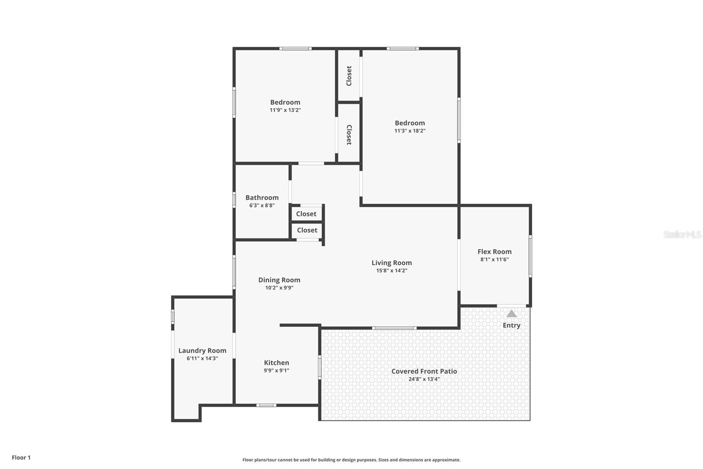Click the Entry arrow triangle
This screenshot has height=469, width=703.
tap(511, 314)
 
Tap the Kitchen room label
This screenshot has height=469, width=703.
tap(276, 363)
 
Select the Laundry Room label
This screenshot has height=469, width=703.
tap(202, 351)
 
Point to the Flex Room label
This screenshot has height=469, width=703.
tap(494, 252)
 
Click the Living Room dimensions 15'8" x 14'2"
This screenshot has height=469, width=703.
tap(391, 271)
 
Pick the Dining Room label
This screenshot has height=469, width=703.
tap(279, 280)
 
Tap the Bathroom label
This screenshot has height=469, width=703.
tap(262, 198)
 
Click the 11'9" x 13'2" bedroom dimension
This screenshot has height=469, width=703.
tap(285, 110)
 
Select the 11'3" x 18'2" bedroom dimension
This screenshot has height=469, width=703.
tap(409, 131)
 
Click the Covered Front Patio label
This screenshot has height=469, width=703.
tap(424, 371)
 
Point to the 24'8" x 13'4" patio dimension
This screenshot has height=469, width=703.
tap(424, 379)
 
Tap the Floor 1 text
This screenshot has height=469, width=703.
tap(21, 458)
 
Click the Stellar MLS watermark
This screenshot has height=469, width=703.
tap(682, 234)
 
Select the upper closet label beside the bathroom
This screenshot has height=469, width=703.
tap(306, 214)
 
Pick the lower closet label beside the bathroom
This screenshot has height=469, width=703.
tap(307, 230)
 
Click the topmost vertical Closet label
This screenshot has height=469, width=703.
tap(349, 76)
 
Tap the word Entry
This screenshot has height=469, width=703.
tap(511, 325)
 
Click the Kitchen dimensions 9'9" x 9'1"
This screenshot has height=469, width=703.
tap(276, 370)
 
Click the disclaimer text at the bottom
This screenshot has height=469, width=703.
tap(351, 460)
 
